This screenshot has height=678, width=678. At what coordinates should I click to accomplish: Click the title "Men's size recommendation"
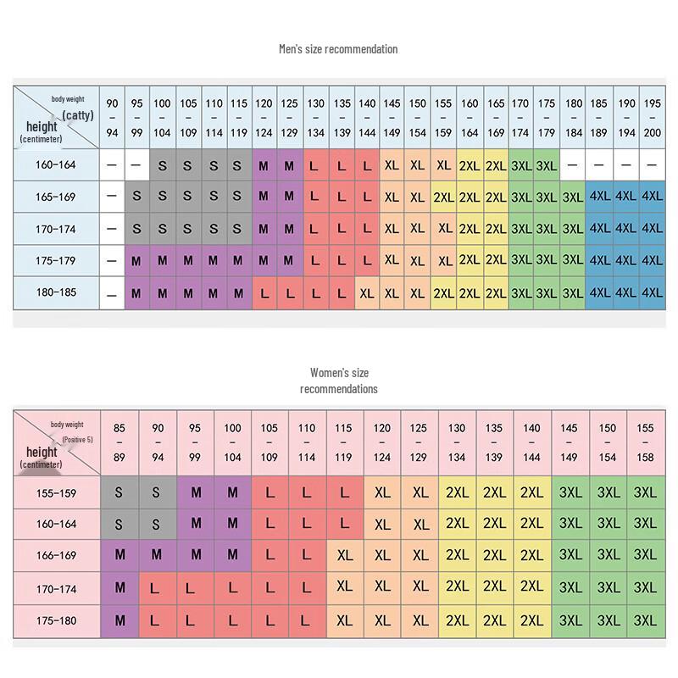pyautogui.click(x=338, y=49)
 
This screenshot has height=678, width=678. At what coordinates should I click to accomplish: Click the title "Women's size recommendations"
pyautogui.click(x=339, y=381)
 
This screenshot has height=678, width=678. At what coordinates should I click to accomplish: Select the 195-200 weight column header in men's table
pyautogui.click(x=652, y=118)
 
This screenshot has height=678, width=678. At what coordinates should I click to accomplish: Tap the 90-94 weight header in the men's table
pyautogui.click(x=112, y=118)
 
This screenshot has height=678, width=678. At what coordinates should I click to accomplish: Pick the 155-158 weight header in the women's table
pyautogui.click(x=645, y=443)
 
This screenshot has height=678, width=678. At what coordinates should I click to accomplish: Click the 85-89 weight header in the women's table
pyautogui.click(x=119, y=443)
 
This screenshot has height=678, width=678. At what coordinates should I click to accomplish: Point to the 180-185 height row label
pyautogui.click(x=56, y=293)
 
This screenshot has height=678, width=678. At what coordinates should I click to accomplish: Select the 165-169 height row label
pyautogui.click(x=56, y=197)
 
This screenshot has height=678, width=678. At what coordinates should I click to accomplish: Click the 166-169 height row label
pyautogui.click(x=56, y=556)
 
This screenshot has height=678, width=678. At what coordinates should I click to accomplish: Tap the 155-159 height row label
pyautogui.click(x=56, y=492)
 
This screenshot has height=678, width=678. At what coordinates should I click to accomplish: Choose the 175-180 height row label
pyautogui.click(x=56, y=620)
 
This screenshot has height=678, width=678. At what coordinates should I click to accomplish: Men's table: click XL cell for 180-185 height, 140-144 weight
pyautogui.click(x=367, y=293)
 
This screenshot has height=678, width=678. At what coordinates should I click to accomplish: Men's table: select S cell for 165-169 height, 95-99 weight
pyautogui.click(x=136, y=197)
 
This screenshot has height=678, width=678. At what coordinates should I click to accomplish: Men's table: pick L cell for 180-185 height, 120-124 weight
pyautogui.click(x=264, y=293)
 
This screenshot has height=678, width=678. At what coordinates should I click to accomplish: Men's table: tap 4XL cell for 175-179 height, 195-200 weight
pyautogui.click(x=652, y=261)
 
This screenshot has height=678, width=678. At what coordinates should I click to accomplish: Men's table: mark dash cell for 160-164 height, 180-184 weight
pyautogui.click(x=573, y=165)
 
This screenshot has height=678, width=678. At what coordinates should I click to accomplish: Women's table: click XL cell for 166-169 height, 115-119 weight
pyautogui.click(x=344, y=556)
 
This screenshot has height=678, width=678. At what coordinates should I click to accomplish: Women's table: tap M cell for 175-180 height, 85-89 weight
pyautogui.click(x=119, y=620)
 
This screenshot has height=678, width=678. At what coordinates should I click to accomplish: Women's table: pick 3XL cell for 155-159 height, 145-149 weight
pyautogui.click(x=570, y=492)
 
